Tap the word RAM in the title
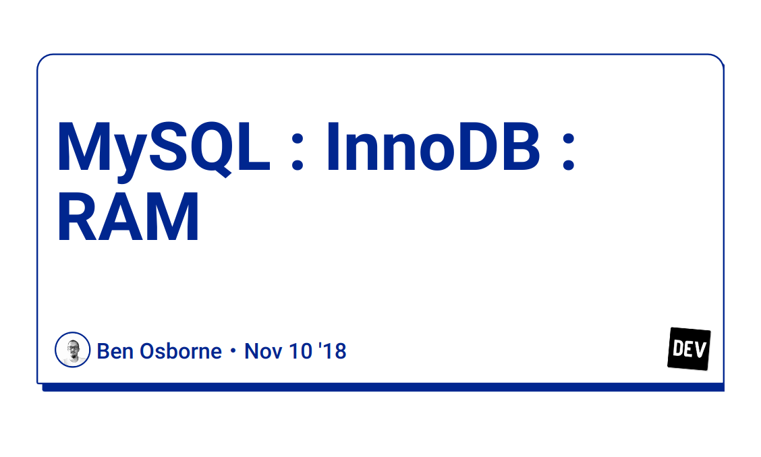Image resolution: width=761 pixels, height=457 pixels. [x=128, y=217]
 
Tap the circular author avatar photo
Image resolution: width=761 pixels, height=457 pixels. [x=72, y=350]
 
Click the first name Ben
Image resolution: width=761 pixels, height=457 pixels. [x=112, y=351]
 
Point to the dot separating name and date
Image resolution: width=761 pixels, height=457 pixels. [x=233, y=352]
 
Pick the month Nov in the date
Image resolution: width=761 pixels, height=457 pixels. [x=260, y=351]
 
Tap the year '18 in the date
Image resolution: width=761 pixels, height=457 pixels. [x=331, y=351]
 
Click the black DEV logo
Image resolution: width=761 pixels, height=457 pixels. [x=689, y=348]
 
